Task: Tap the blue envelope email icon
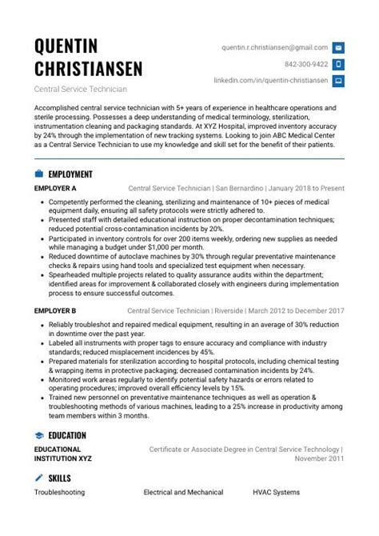338,48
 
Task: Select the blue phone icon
338,64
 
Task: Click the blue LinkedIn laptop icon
338,81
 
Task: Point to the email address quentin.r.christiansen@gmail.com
275,48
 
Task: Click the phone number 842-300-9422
306,64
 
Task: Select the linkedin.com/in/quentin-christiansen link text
271,81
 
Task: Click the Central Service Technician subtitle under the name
80,88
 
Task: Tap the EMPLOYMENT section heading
70,174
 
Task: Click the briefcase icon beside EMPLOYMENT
38,174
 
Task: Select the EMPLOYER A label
55,189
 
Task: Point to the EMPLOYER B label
55,310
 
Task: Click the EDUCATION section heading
67,435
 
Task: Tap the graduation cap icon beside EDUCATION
38,435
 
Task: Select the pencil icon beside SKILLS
38,478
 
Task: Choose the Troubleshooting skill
59,493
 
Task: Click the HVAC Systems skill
277,493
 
